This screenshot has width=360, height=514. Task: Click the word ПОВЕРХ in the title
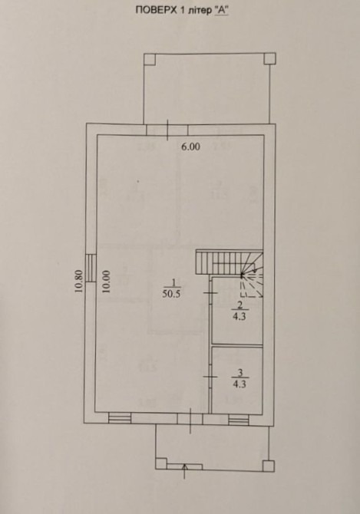[155, 11]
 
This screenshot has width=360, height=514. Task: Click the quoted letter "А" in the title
[221, 10]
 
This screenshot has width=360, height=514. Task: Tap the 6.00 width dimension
[191, 147]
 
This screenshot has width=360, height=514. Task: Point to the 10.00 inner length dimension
[107, 282]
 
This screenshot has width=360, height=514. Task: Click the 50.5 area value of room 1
[171, 294]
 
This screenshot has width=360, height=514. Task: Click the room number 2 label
[239, 306]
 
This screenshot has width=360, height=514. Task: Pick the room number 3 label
[239, 373]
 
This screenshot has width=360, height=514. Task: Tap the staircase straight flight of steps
[219, 262]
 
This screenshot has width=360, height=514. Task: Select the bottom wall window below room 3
[239, 420]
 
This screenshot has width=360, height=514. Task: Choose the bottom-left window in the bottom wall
[120, 418]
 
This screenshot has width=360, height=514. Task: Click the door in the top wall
[167, 130]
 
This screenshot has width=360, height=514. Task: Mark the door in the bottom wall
[190, 420]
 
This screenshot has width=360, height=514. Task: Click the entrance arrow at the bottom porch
[185, 471]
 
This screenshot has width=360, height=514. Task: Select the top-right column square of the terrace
[270, 58]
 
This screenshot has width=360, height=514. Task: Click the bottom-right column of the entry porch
[269, 466]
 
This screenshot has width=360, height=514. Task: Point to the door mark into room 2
[210, 292]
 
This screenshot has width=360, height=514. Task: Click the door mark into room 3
[210, 377]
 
